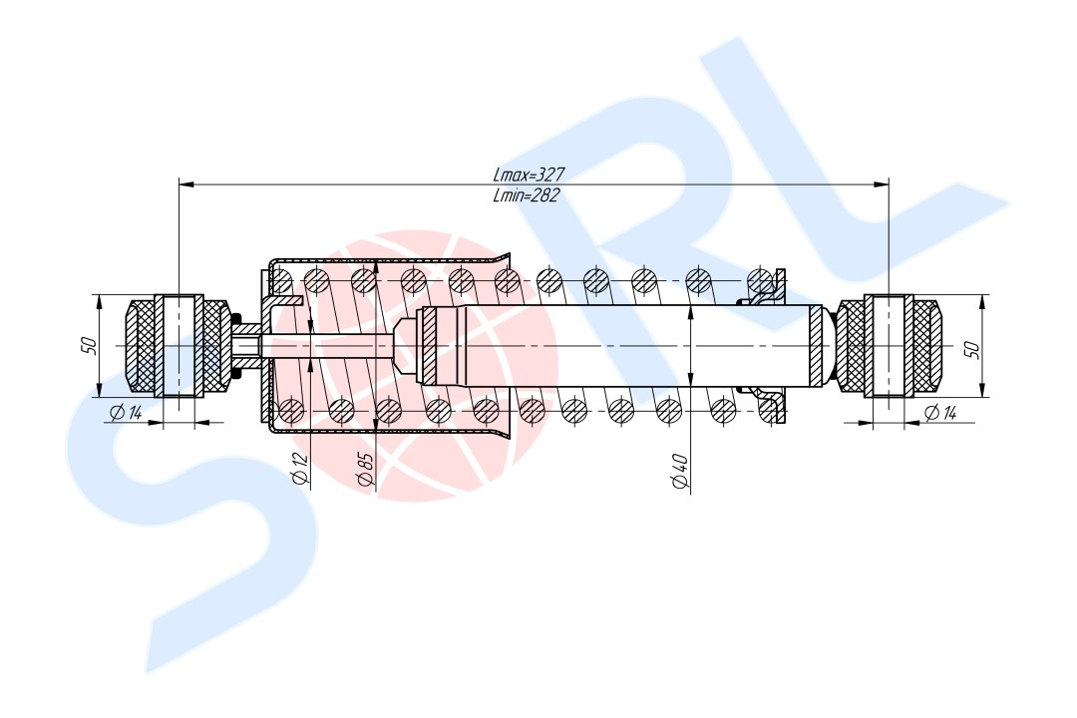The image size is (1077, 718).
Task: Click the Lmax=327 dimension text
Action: point(529,174)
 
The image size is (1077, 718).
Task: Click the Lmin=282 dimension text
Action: point(527,195)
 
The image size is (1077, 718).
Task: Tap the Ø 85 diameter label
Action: point(365,471)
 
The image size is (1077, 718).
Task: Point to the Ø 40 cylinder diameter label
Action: point(680,472)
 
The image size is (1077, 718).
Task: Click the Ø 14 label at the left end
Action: point(125,412)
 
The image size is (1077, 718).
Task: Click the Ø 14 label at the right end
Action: point(939,412)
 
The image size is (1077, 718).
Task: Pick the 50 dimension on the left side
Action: point(89,346)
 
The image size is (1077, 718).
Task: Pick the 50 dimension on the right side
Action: point(972,349)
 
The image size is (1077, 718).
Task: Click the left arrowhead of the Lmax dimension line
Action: point(185,184)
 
